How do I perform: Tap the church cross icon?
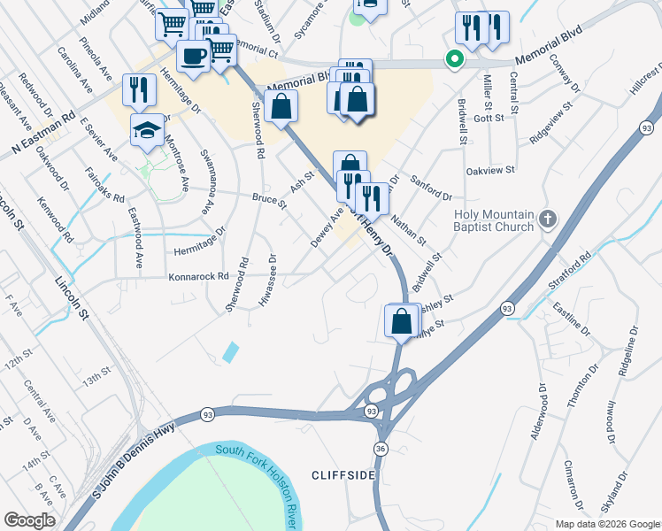(x=549, y=219)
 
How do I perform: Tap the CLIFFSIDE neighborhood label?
(x=344, y=475)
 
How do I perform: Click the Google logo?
(x=29, y=520)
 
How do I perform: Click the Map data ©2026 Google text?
(x=606, y=524)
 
